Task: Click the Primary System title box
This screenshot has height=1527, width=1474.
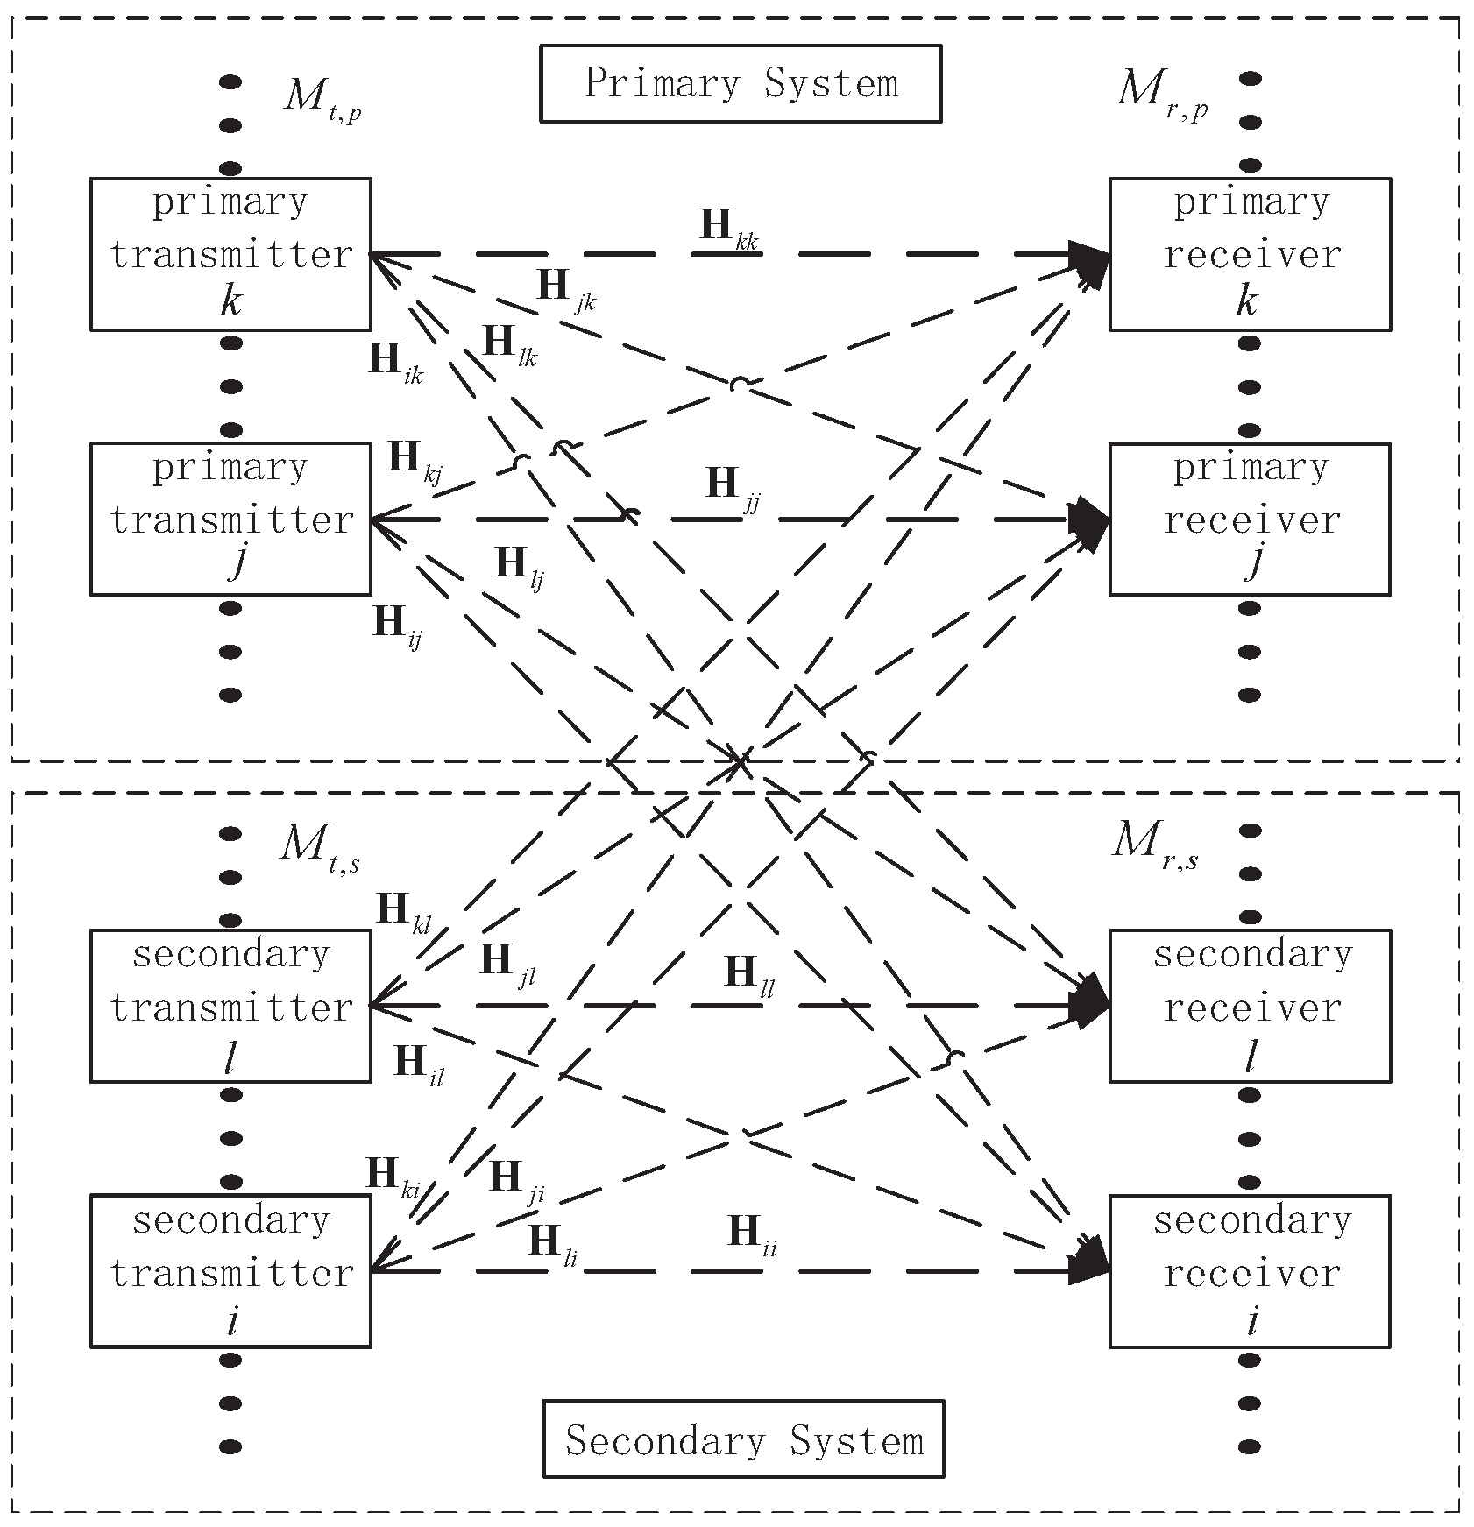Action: [740, 84]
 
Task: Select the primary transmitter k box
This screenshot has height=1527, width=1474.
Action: [230, 254]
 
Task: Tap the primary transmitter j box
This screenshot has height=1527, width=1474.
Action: [230, 519]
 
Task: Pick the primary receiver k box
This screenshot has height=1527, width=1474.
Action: [1250, 254]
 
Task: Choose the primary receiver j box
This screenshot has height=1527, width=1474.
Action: [1250, 519]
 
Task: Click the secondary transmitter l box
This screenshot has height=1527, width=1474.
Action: [230, 1005]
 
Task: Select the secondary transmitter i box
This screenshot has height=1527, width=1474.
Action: [230, 1270]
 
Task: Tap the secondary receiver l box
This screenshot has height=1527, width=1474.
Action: [1250, 1005]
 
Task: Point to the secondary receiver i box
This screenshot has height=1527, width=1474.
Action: [1250, 1270]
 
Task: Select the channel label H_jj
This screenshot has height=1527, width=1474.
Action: [733, 486]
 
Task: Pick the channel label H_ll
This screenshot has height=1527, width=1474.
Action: [749, 974]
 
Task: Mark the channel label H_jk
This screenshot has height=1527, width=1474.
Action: [565, 289]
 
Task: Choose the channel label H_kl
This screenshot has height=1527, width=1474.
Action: [403, 913]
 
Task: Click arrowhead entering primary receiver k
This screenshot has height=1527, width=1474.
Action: [1091, 255]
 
